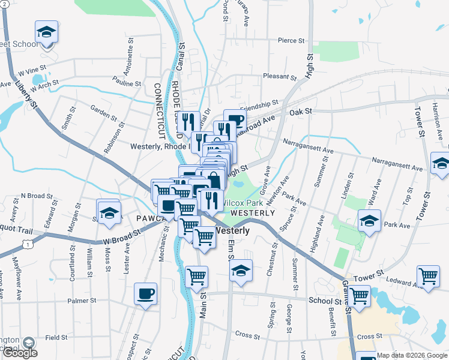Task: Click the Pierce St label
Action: (292, 41)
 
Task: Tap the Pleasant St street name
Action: (280, 77)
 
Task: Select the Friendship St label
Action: (259, 104)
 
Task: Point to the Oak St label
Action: (301, 112)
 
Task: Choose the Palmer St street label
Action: (82, 301)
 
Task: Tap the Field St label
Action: (56, 338)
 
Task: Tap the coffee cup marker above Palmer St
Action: (145, 294)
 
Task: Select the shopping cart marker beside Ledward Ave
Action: (428, 277)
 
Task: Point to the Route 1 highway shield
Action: (27, 243)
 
